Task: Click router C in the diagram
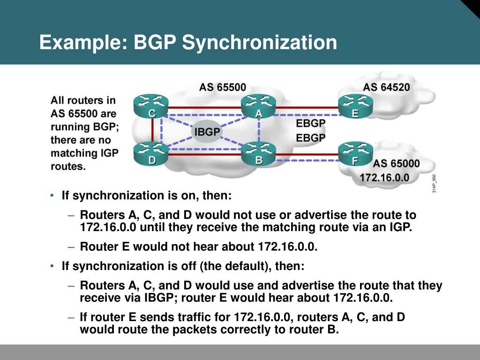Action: click(151, 106)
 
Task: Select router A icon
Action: click(259, 106)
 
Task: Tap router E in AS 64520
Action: click(355, 106)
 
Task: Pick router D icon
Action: click(151, 153)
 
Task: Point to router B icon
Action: click(259, 153)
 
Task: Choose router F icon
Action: click(355, 153)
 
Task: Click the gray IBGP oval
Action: click(207, 132)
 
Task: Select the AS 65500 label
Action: click(223, 87)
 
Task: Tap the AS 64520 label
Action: click(386, 87)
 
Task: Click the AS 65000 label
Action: click(396, 164)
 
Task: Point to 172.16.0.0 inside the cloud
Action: click(384, 178)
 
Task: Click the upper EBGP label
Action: click(310, 123)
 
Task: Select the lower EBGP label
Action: click(310, 138)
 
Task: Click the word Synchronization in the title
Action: click(260, 43)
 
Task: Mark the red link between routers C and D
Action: click(152, 130)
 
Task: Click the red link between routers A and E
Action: click(307, 107)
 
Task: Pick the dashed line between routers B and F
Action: click(307, 160)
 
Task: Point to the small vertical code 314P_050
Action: click(434, 183)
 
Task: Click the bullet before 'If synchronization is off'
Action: click(52, 266)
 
